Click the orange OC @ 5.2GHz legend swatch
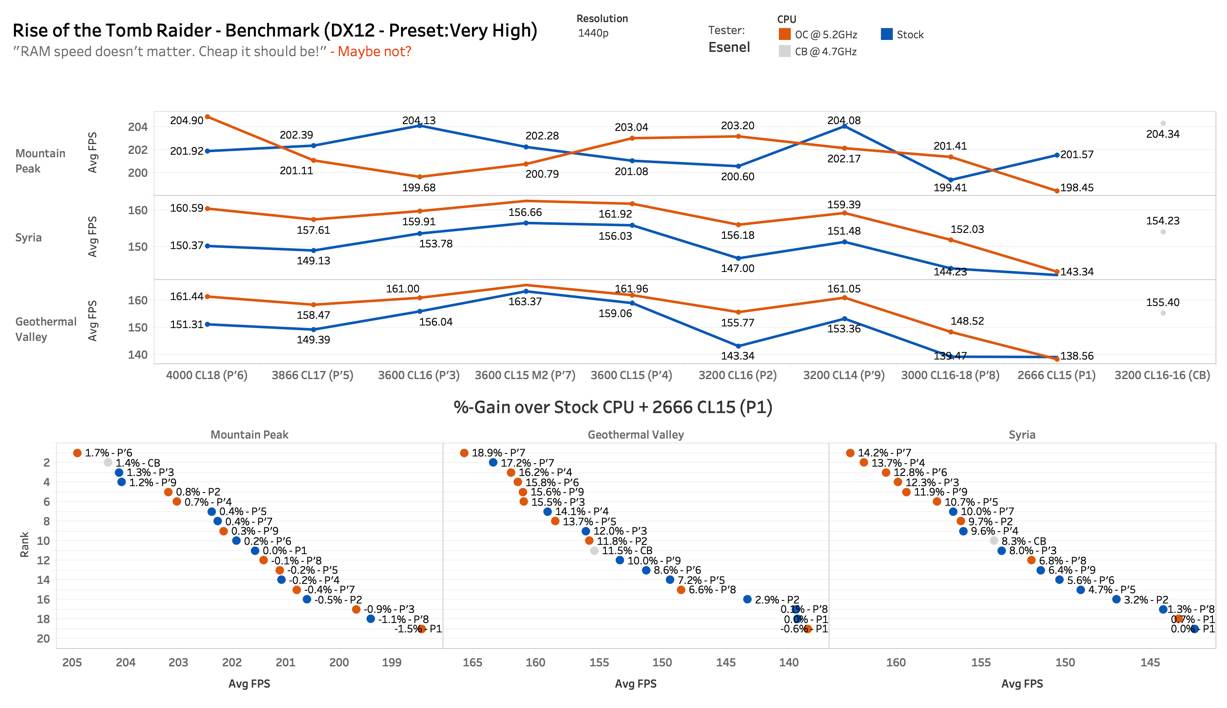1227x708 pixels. (784, 34)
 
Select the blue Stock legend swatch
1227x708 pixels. (886, 34)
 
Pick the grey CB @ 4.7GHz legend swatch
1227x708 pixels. (784, 51)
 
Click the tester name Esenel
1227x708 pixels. (729, 47)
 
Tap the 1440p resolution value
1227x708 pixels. (593, 33)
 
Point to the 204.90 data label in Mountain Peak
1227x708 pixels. (186, 120)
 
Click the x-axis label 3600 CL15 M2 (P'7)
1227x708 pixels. (525, 375)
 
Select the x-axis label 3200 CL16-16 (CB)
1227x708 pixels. (1162, 375)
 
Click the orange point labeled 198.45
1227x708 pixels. (1057, 191)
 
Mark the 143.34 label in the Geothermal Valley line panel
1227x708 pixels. (737, 355)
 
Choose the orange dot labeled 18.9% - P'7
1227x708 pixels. (464, 453)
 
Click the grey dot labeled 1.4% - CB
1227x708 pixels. (108, 462)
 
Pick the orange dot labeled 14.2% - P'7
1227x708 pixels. (850, 453)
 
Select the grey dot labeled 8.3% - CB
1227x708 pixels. (994, 541)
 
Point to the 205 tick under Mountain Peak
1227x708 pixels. (72, 662)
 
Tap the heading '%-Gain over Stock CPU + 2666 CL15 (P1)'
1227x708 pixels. (613, 407)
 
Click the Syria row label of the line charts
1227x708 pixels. (28, 237)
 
